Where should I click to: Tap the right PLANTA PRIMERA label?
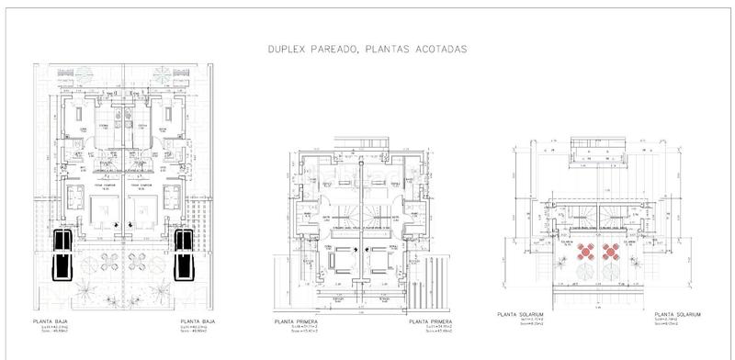431,321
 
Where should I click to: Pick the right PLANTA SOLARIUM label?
676,314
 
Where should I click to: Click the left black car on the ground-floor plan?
64,253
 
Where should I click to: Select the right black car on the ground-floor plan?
184,253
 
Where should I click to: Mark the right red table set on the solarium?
610,251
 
